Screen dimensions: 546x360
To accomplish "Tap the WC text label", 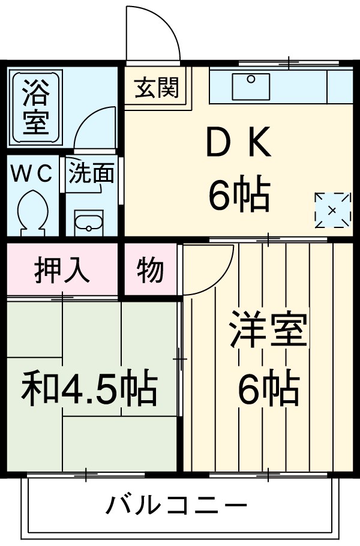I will click(x=34, y=173).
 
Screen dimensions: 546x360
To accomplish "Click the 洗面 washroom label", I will click(x=91, y=173).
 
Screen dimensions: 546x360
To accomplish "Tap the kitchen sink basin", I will click(x=251, y=85).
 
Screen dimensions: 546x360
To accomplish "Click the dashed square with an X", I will click(x=332, y=210).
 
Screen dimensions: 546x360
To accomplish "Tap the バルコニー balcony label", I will click(x=176, y=506).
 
